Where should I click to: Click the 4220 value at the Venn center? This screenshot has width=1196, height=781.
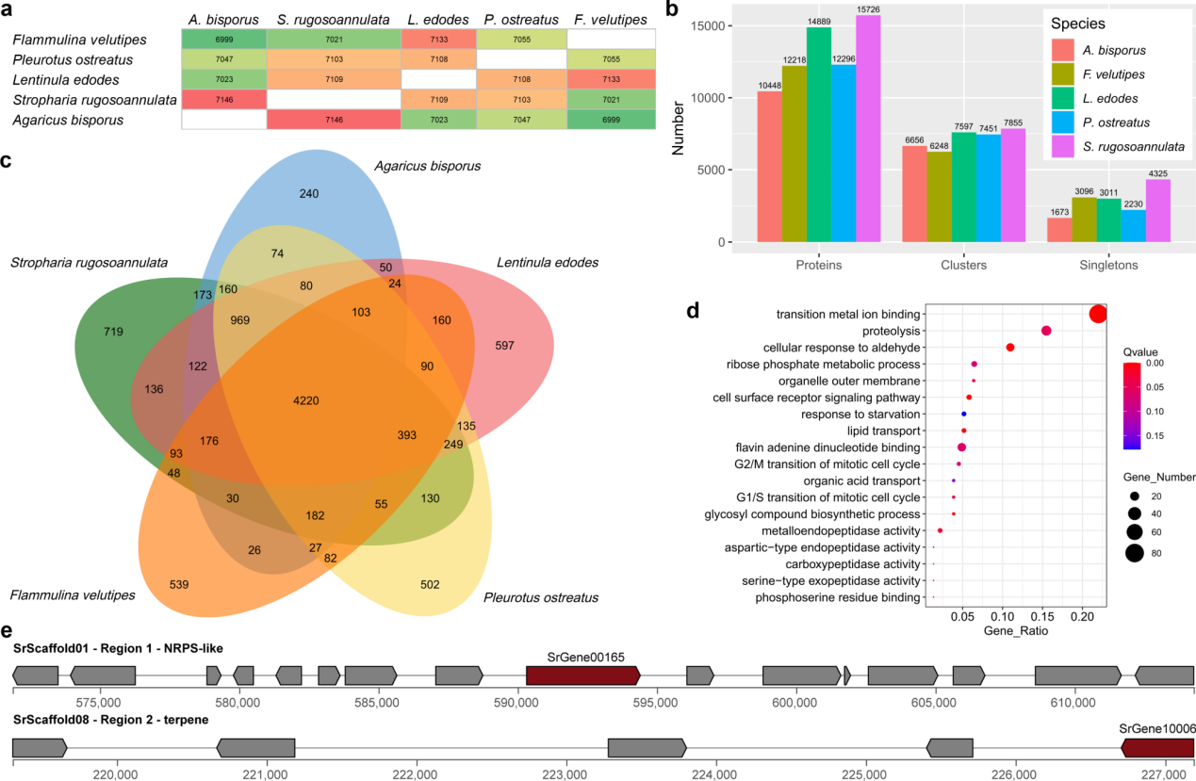coord(306,400)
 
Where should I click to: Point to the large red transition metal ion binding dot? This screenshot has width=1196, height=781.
coord(1097,314)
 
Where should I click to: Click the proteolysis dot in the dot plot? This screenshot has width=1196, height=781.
coord(1046,331)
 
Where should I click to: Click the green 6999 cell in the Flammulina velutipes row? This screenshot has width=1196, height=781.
coord(223,39)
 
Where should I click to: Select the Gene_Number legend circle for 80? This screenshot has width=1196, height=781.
coord(1133,553)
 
